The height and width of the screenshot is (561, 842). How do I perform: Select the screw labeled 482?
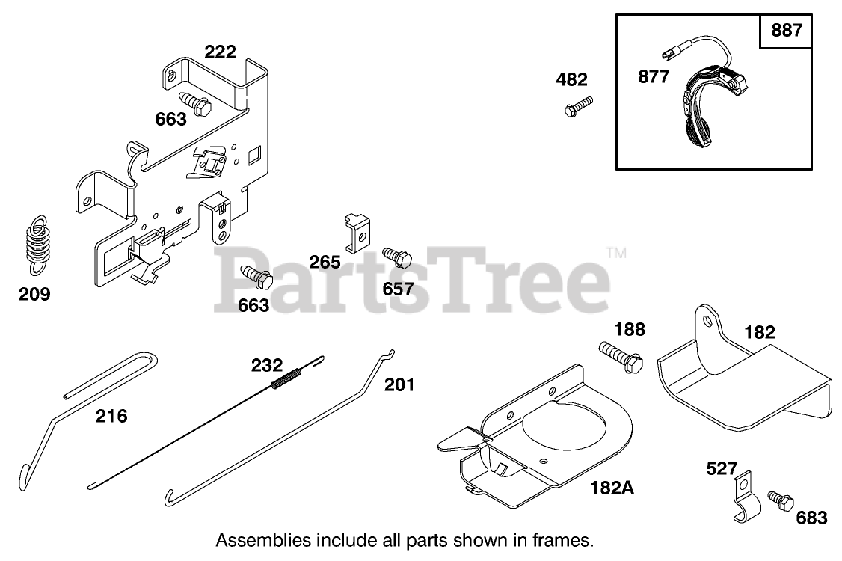pos(577,106)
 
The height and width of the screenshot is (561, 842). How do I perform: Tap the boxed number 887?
pos(785,31)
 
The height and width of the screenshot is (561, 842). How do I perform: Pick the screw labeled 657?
pos(397,257)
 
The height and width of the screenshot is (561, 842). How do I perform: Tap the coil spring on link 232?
pos(285,378)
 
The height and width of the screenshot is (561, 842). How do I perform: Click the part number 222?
pos(220,52)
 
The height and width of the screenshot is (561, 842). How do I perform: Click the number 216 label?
pos(111,416)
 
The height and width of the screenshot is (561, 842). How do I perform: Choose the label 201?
pos(399,384)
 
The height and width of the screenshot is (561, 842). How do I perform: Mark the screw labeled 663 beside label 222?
pos(195,102)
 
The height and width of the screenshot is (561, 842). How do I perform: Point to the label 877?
pos(654,76)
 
